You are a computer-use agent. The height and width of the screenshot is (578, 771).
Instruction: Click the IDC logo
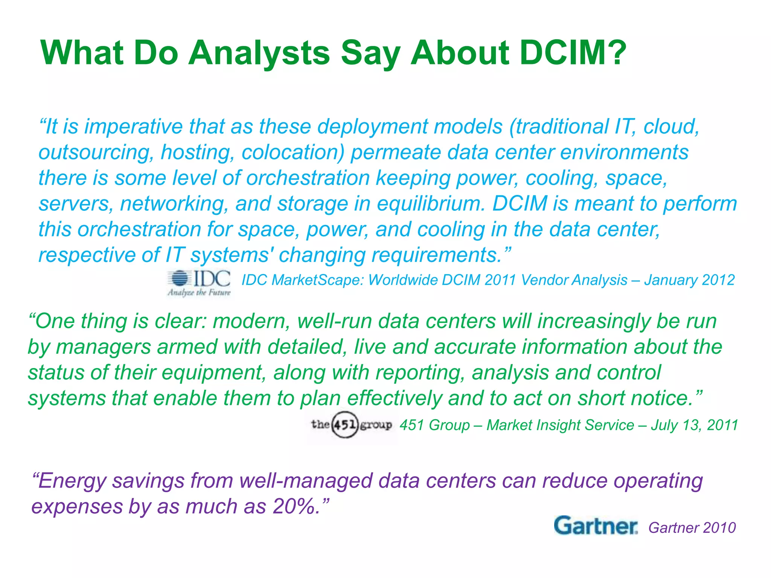click(199, 283)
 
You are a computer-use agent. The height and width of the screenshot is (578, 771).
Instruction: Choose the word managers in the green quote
click(104, 347)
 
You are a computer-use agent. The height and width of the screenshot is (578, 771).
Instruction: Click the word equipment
click(213, 373)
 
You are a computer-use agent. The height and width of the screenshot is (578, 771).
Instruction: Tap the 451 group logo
click(351, 425)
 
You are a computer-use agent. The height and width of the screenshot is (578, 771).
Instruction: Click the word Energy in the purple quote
click(72, 481)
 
